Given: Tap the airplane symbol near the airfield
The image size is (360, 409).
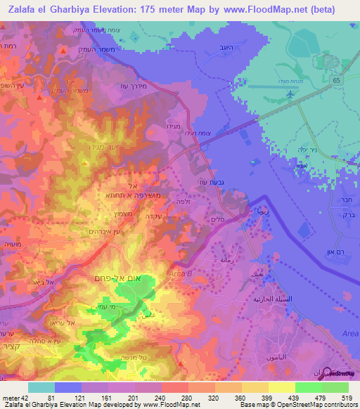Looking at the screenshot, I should point(289,93).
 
